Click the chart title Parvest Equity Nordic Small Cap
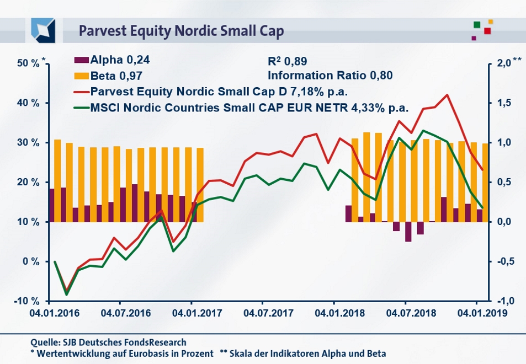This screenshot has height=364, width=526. [x=181, y=30]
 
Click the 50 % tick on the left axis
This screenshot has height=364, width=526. [x=28, y=63]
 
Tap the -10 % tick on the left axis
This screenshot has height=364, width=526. [x=28, y=301]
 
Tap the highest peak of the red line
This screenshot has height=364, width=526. [x=447, y=95]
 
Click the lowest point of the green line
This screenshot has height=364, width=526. [x=67, y=295]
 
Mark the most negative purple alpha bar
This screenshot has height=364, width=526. [x=408, y=232]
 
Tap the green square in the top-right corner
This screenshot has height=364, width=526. [x=476, y=25]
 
